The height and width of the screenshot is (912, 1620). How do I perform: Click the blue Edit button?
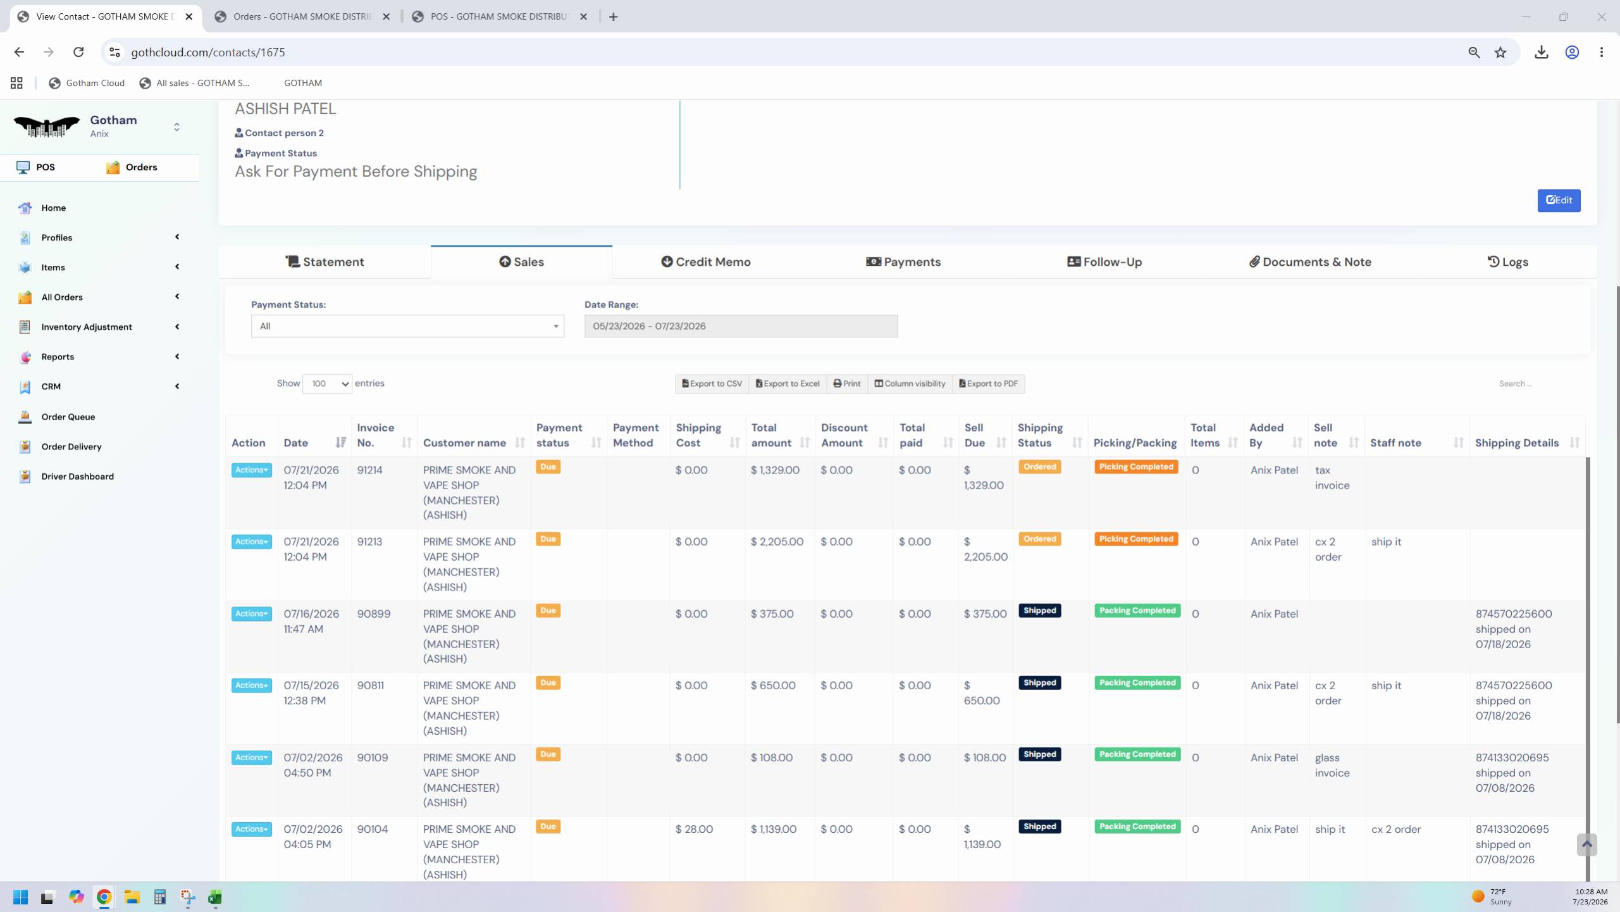(x=1559, y=200)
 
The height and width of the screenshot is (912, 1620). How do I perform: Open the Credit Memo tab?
(x=706, y=262)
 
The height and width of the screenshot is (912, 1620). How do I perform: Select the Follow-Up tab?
(x=1104, y=262)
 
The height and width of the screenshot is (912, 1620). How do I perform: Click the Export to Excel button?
(x=788, y=384)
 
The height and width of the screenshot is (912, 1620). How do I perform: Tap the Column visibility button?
(x=910, y=384)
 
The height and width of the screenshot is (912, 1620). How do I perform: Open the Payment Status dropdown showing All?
(x=407, y=326)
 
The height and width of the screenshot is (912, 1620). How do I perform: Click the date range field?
(x=741, y=326)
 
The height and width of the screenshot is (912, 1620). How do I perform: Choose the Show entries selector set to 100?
(x=327, y=384)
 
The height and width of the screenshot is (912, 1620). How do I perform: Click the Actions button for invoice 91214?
(x=251, y=470)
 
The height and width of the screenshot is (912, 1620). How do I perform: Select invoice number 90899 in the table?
(x=374, y=614)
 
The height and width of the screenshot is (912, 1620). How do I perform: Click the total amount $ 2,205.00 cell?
(x=777, y=542)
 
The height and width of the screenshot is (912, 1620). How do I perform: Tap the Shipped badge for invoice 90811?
(x=1039, y=683)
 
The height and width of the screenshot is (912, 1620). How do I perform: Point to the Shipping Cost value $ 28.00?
(x=694, y=829)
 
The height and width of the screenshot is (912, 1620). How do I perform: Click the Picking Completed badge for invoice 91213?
(x=1136, y=539)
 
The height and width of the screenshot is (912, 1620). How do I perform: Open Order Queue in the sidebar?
(x=68, y=417)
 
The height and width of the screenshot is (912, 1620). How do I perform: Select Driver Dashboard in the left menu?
(x=78, y=477)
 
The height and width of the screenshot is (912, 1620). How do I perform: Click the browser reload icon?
(x=78, y=52)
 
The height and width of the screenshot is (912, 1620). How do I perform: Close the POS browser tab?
(x=584, y=17)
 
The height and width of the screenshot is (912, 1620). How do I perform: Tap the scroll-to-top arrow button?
(x=1586, y=844)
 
